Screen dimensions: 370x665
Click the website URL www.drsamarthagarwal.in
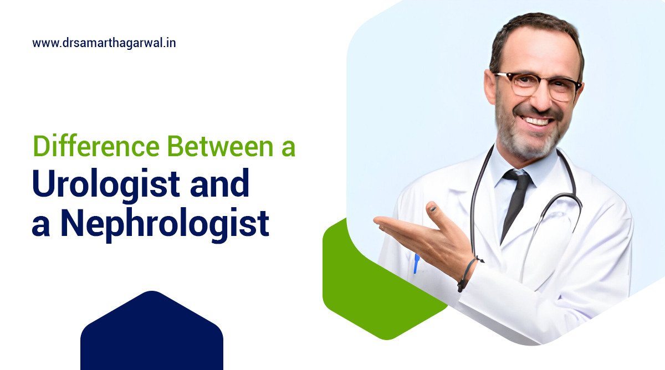[104, 43]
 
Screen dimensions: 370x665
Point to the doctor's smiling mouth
[538, 120]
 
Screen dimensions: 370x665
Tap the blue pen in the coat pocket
[416, 263]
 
